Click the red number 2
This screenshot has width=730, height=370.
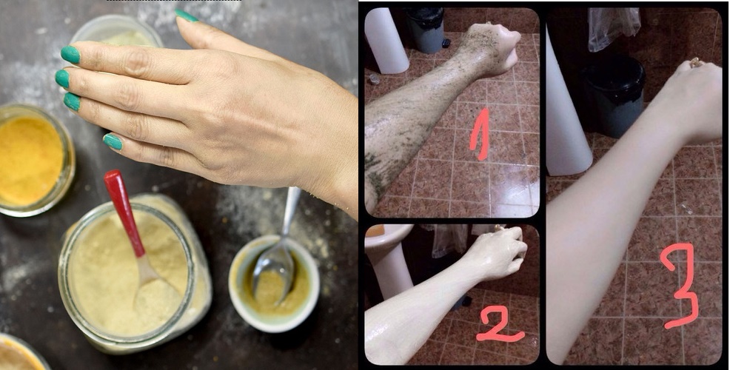click(500, 325)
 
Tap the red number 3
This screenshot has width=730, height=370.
click(680, 284)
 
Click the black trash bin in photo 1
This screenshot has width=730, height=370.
click(425, 30)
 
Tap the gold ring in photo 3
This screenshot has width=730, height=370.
click(695, 64)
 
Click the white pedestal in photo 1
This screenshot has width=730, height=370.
click(386, 41)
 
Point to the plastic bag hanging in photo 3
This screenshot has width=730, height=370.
click(614, 29)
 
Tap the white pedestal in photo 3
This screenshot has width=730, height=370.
click(566, 111)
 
